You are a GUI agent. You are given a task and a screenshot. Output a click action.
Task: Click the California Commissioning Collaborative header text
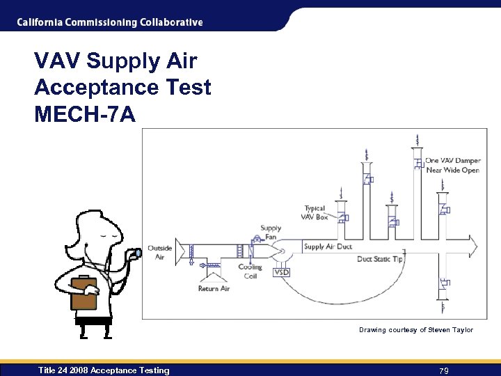[x=110, y=22]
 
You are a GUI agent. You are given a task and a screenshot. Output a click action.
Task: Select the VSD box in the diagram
[x=282, y=272]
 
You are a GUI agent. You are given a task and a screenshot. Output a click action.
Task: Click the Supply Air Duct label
[x=328, y=246]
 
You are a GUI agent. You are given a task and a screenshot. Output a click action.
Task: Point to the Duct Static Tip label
[x=380, y=259]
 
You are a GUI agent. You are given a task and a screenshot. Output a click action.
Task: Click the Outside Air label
[x=160, y=252]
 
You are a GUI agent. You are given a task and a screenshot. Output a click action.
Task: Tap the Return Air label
[x=214, y=288]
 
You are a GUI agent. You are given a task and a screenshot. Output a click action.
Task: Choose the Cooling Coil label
[x=250, y=271]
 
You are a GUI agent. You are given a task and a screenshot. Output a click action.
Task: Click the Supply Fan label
[x=271, y=232]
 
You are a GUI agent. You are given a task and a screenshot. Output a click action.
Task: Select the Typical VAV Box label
[x=315, y=212]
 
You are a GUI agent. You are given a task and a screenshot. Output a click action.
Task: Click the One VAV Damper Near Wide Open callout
[x=453, y=165]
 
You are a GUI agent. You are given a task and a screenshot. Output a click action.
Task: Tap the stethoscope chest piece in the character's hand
[x=137, y=252]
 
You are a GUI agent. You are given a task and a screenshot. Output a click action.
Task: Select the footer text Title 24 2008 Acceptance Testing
[x=104, y=370]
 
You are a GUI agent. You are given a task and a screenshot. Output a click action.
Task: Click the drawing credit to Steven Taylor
[x=415, y=329]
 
